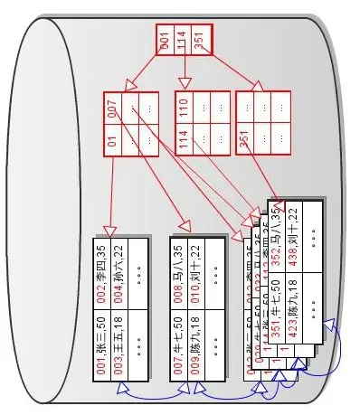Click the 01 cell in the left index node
(113, 141)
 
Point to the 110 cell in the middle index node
(184, 108)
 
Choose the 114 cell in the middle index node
(184, 141)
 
